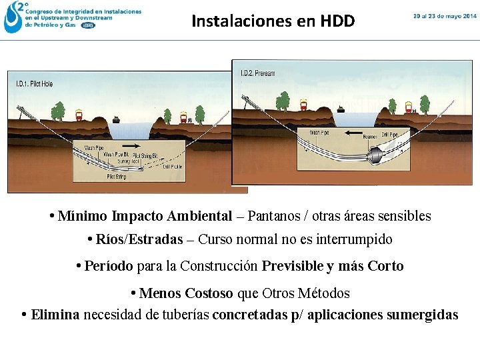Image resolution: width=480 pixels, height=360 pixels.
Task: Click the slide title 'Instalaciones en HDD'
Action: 273,21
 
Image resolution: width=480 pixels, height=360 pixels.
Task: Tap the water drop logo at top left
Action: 11,18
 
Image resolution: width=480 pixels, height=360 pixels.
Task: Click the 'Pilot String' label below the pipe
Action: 117,178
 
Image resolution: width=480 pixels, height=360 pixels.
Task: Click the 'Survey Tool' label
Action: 128,161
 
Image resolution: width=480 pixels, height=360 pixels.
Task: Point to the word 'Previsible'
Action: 292,266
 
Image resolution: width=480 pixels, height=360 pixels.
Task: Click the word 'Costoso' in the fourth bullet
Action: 209,293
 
